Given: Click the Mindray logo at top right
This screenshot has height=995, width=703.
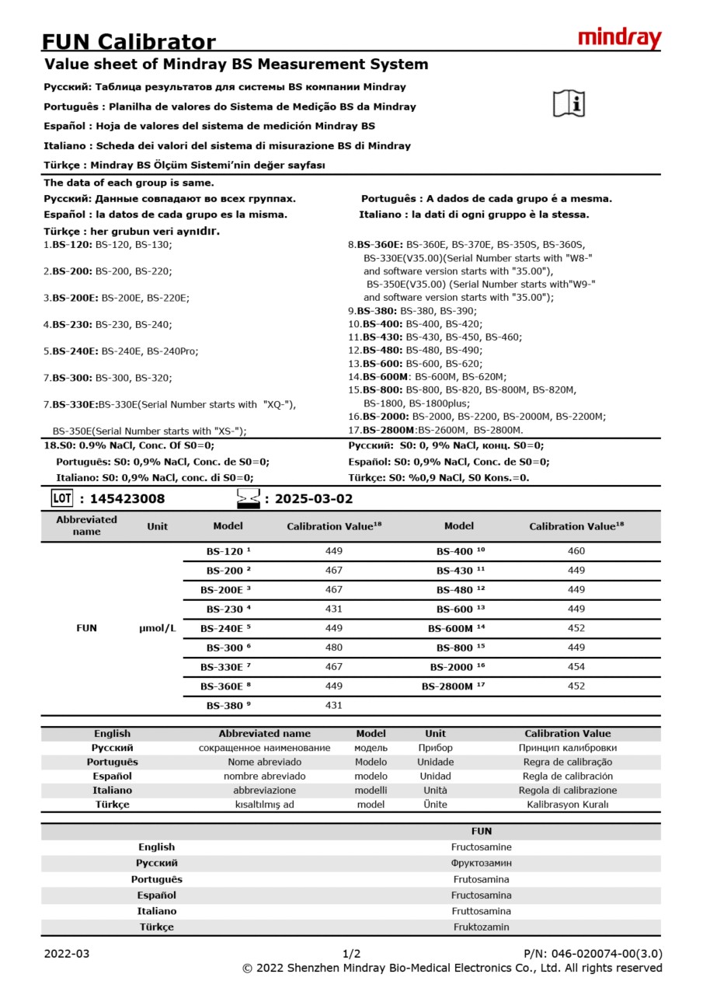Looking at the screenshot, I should coord(619,38).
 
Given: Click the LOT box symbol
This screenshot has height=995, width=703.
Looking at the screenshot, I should coord(61,498).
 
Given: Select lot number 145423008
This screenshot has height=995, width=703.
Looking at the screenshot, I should coord(127,499).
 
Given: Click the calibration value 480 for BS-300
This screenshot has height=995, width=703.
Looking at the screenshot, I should coord(333,648).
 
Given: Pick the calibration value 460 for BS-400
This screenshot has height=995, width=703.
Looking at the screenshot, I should coord(576,551).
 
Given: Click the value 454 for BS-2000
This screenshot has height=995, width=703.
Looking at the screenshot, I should coord(576,667).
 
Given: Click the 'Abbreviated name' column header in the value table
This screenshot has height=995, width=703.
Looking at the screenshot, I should coord(86,525).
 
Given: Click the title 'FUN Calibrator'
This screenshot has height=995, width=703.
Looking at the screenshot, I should coord(128,41).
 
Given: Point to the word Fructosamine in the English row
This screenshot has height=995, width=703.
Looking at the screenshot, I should coord(481,847).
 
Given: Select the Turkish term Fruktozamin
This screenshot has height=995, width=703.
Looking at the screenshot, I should coord(481,927).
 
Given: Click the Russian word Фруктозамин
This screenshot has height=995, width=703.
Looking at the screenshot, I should coord(481,863).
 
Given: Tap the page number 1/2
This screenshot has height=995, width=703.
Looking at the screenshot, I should coord(351,954).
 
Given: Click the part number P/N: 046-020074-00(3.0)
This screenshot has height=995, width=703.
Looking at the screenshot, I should coord(593,954).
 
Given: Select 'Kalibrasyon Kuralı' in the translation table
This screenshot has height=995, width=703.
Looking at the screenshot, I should coord(567,805).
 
